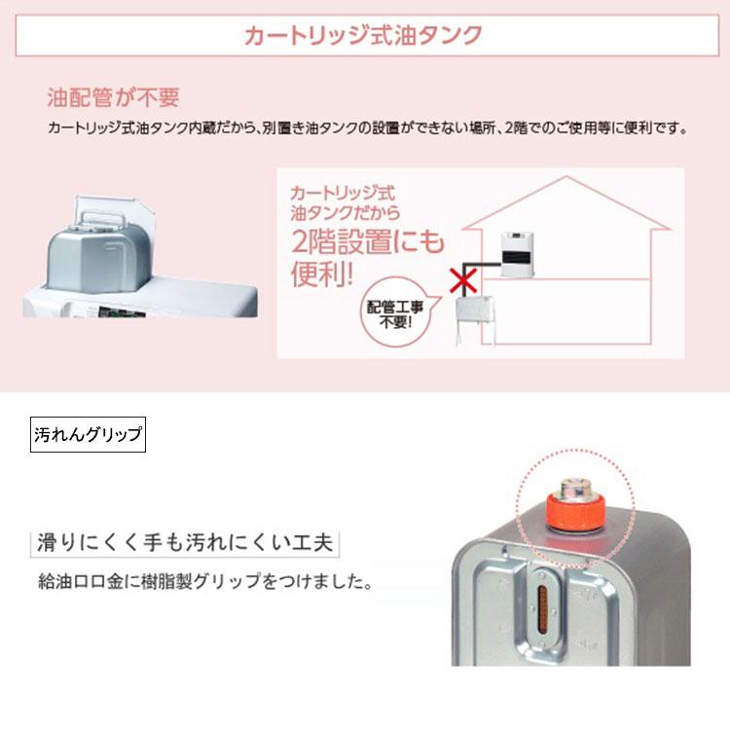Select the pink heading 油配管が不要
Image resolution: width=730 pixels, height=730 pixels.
(114, 98)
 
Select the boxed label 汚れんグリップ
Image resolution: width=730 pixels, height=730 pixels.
(88, 433)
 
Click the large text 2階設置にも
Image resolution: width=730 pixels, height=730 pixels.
(366, 239)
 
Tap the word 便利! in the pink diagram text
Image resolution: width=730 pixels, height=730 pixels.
(320, 274)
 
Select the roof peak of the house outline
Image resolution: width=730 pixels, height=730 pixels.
(565, 178)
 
